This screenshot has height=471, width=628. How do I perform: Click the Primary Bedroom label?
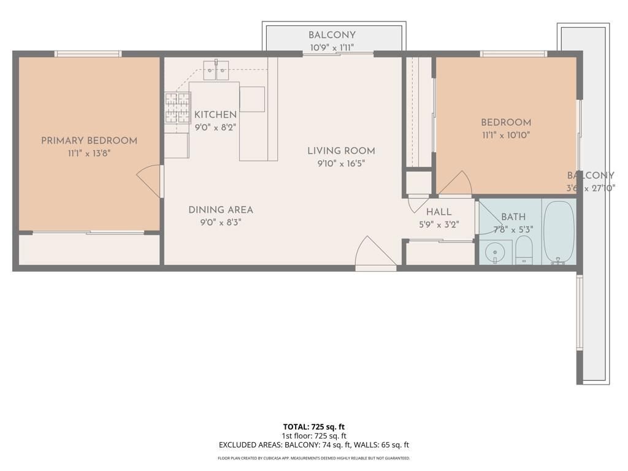[x=89, y=141]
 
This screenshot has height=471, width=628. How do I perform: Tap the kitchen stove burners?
[x=177, y=108]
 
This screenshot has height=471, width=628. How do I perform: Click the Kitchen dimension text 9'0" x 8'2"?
[x=215, y=128]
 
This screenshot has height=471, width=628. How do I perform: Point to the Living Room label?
[x=341, y=151]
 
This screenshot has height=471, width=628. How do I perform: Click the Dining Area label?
[x=220, y=210]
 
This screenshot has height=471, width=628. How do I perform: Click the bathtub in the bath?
[x=559, y=232]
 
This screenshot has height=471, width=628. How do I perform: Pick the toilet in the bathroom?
[x=524, y=251]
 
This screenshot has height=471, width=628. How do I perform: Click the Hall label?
[x=438, y=212]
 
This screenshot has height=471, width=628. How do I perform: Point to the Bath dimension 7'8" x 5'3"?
[x=513, y=230]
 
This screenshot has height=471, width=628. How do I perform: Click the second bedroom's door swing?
[x=455, y=182]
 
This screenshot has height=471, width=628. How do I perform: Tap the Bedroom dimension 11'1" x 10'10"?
[x=505, y=136]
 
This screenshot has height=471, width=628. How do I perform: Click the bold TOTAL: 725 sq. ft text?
[x=313, y=427]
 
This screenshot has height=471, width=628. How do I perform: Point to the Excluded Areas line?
[x=313, y=445]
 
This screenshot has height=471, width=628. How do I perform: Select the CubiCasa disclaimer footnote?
[x=313, y=458]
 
